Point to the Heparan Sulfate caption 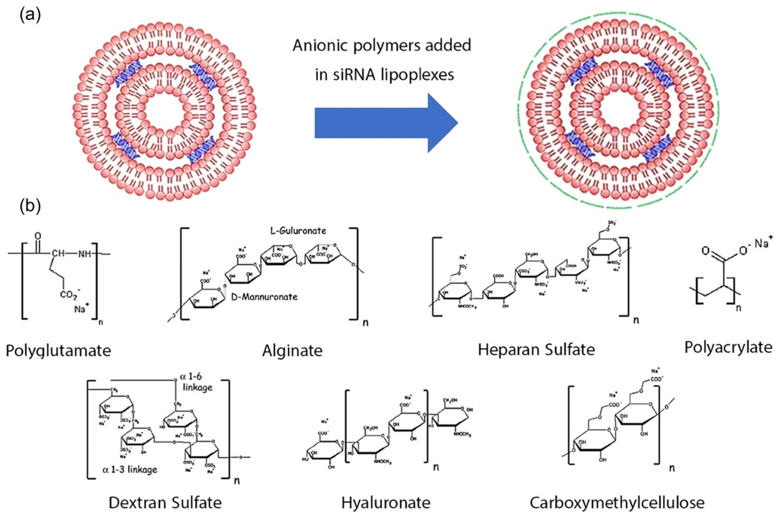pos(536,349)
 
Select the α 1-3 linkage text pos(130,470)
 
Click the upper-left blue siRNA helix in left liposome pos(128,75)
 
